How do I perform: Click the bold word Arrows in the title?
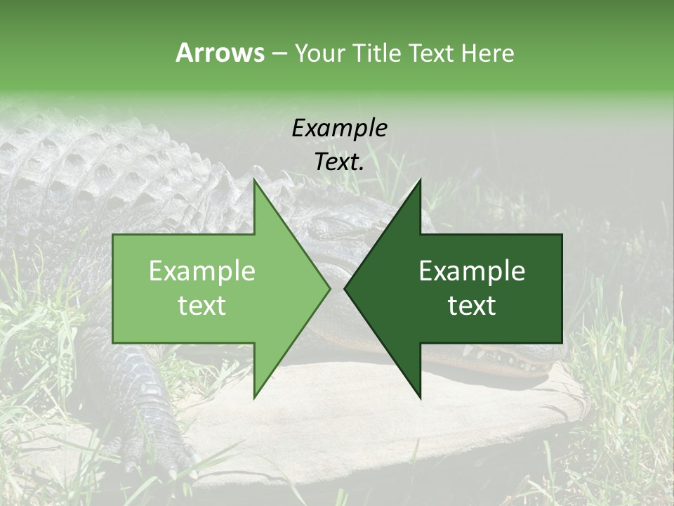coord(220,53)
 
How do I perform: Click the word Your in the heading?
coord(319,53)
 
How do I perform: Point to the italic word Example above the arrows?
coord(339,128)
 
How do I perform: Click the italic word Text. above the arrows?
coord(339,162)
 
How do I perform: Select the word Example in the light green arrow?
coord(202,271)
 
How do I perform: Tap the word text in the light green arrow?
coord(202,306)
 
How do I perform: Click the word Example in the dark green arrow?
coord(472,271)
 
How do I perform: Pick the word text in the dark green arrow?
coord(472,306)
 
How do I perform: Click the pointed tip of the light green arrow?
coord(329,288)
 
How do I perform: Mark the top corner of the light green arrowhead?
coord(254,180)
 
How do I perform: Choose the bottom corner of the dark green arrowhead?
coord(421,398)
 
